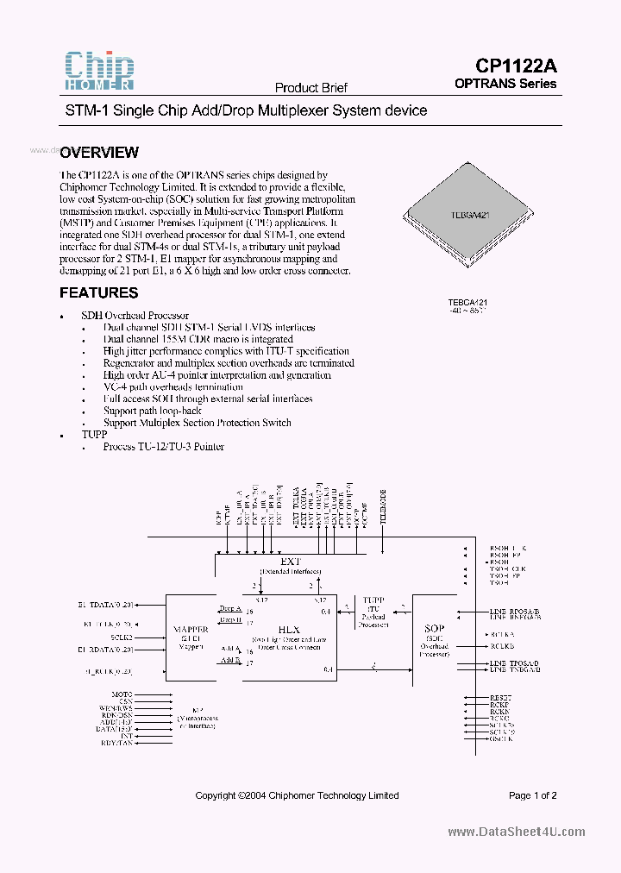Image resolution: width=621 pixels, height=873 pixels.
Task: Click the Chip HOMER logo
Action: [x=99, y=70]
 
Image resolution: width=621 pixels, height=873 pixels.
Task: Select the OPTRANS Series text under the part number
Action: [x=505, y=84]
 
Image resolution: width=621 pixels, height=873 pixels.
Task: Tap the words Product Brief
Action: [x=310, y=88]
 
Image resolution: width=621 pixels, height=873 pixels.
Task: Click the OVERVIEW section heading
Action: [x=99, y=153]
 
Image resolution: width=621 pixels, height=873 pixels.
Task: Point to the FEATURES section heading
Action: [x=98, y=293]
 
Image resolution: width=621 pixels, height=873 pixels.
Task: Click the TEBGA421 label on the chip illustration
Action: [x=471, y=216]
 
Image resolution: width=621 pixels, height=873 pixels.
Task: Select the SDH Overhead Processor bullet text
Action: [x=135, y=316]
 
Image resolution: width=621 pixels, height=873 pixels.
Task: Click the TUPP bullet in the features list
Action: [x=94, y=435]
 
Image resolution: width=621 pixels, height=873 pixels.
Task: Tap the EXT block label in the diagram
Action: [x=290, y=562]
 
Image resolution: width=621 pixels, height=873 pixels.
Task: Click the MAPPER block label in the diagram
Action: [x=191, y=629]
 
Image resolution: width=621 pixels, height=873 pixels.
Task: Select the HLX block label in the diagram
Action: [x=289, y=630]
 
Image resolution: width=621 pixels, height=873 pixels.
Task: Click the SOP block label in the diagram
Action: [x=434, y=629]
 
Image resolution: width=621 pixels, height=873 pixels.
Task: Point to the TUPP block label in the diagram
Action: [x=373, y=599]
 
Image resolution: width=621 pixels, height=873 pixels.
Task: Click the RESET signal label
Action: [x=500, y=696]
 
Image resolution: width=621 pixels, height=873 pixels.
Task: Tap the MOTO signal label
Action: [x=122, y=694]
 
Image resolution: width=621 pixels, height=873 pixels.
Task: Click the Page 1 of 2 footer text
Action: [x=533, y=795]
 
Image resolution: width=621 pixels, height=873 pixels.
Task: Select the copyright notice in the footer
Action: [x=297, y=795]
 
